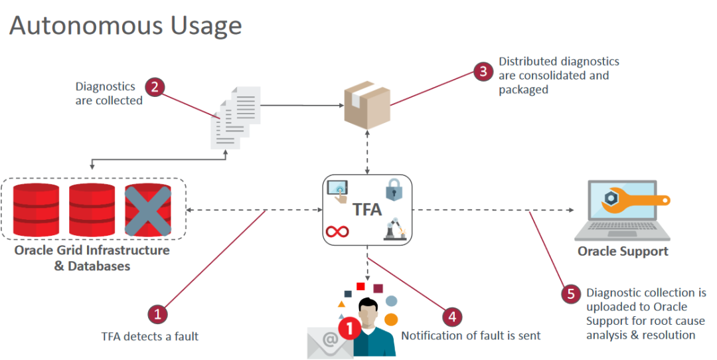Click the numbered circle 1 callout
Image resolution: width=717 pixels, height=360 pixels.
click(x=157, y=314)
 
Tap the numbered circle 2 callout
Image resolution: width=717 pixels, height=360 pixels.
click(x=154, y=86)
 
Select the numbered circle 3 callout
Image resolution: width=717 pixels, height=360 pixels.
click(x=483, y=71)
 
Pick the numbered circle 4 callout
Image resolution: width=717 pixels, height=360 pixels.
click(x=451, y=316)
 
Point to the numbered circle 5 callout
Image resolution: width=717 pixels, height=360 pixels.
click(x=570, y=294)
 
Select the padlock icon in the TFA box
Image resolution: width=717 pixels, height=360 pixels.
click(x=394, y=191)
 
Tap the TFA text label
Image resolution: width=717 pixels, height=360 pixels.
click(x=366, y=210)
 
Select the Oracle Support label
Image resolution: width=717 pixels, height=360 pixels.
click(x=623, y=251)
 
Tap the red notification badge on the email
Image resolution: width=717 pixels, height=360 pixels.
click(x=348, y=328)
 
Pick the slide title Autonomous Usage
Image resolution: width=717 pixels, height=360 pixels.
click(x=125, y=25)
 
